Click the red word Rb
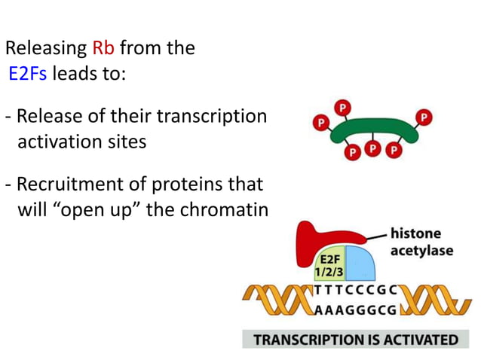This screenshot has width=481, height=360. tap(103, 49)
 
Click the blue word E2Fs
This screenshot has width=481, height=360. tap(28, 73)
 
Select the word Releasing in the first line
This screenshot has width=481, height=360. tap(46, 49)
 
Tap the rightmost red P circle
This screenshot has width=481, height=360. tap(425, 118)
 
